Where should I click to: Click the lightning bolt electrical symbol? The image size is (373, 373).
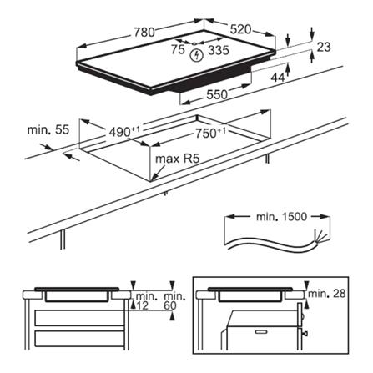pyautogui.click(x=196, y=57)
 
